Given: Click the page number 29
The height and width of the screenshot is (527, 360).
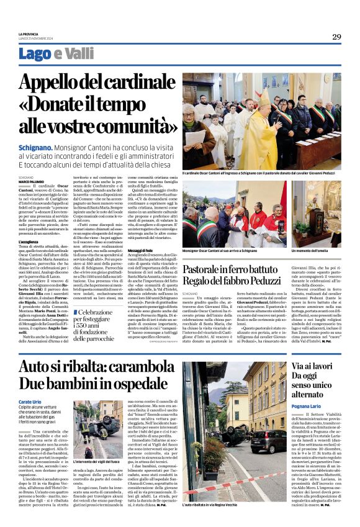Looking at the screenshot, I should coord(336,37).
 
